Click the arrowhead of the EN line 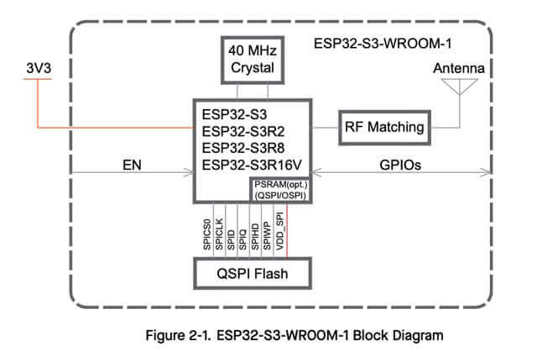point(190,174)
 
